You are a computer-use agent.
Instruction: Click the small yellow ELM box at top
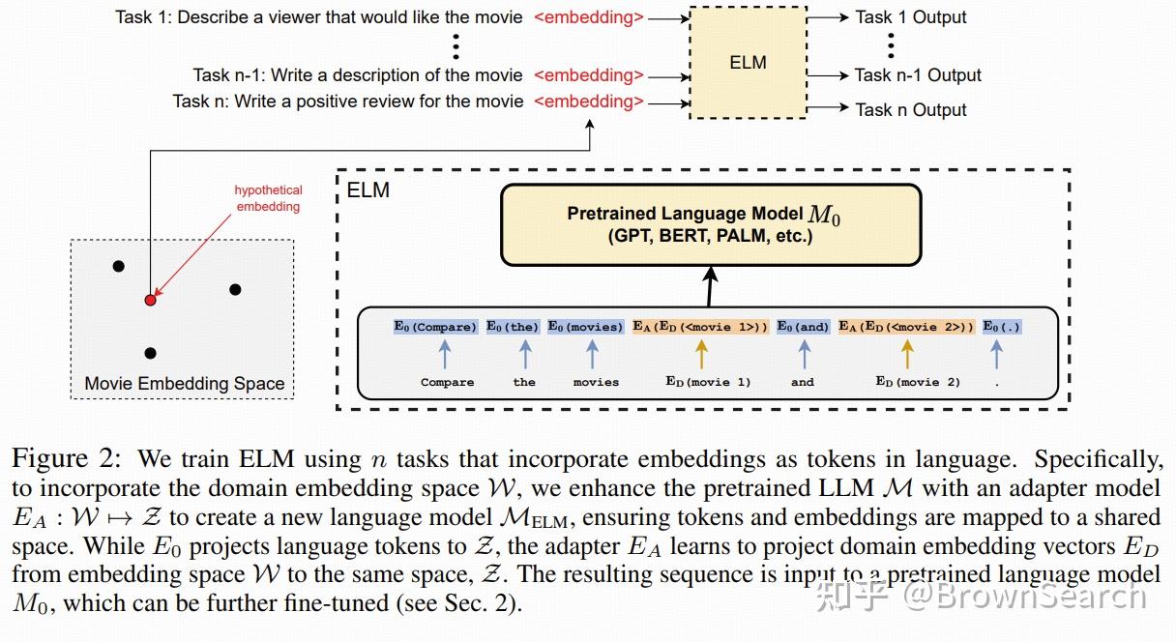[749, 63]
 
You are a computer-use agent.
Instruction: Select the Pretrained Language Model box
[710, 224]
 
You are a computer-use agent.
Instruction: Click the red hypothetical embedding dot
[150, 301]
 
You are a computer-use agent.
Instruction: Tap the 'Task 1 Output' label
[910, 17]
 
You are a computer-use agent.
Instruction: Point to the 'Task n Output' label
[910, 110]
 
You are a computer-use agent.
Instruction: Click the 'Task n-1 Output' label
[917, 75]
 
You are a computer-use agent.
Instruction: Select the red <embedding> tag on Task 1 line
[588, 17]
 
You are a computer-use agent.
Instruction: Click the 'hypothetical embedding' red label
[268, 198]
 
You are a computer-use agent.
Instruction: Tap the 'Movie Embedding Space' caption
[184, 384]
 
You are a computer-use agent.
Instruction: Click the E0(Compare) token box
[435, 327]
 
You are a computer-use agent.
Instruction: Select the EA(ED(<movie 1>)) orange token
[700, 327]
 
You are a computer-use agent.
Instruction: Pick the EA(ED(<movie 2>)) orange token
[906, 327]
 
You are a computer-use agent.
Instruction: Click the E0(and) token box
[803, 327]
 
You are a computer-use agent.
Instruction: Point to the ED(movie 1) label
[708, 382]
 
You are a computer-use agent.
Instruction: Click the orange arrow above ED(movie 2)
[906, 354]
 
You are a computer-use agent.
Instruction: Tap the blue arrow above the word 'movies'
[596, 354]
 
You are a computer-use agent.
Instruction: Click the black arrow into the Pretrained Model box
[711, 286]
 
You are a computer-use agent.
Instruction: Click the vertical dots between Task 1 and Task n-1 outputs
[891, 45]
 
